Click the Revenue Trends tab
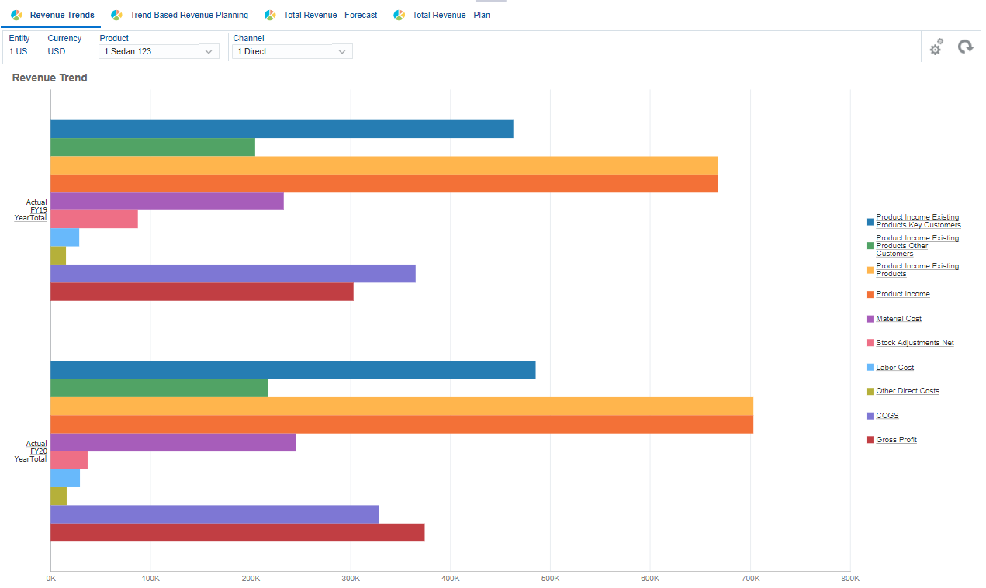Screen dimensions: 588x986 tap(61, 15)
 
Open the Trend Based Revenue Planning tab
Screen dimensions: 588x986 tap(189, 15)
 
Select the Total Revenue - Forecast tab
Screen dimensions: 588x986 tap(330, 15)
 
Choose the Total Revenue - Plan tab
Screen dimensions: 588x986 tap(451, 15)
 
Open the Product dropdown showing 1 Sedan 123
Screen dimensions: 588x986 tap(159, 51)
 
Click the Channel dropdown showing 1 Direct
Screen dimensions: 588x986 tap(292, 51)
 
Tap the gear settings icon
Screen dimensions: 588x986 tap(936, 47)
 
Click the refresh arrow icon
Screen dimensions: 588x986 tap(965, 47)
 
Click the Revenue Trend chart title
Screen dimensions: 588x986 tap(50, 78)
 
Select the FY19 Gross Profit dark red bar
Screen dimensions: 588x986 tap(202, 292)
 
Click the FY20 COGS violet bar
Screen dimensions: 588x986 tap(215, 514)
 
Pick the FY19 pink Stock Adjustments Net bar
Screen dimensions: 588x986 tap(94, 220)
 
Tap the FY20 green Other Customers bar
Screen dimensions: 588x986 tap(159, 388)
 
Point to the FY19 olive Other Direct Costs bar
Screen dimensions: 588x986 tap(58, 256)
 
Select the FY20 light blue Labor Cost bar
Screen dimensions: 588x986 tap(65, 479)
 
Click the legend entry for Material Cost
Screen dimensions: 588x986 tap(898, 319)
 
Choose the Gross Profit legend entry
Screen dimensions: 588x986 tap(896, 440)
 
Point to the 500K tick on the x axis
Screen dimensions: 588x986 tap(550, 579)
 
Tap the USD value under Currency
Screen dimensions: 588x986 tap(57, 51)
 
